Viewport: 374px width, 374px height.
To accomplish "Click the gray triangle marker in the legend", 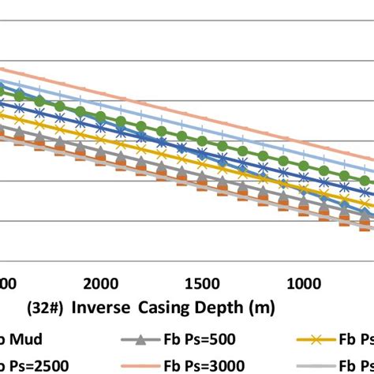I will tap(140, 340).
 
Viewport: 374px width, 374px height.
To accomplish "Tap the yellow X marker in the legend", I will tap(318, 340).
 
